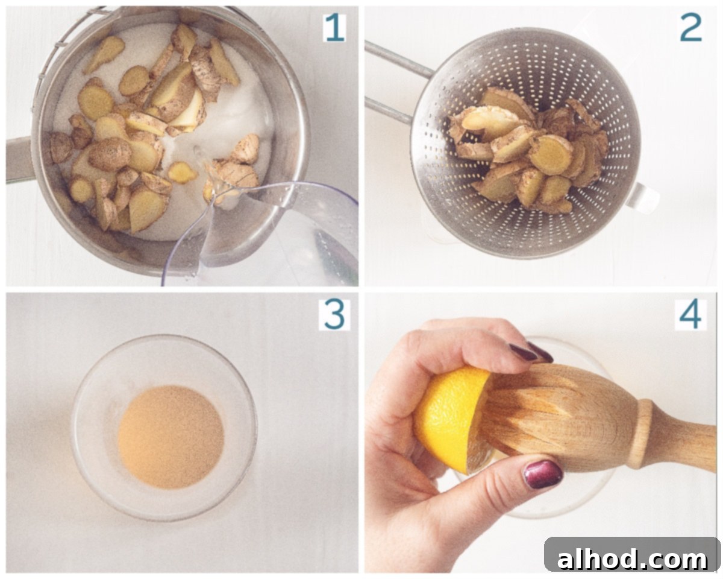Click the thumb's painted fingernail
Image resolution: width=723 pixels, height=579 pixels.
tap(543, 474)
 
